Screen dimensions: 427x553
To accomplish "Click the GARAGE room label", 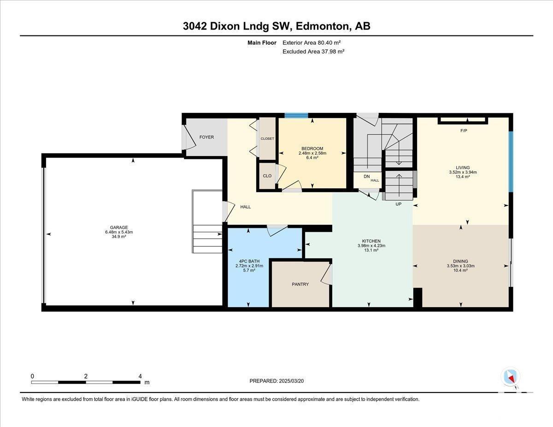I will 118,227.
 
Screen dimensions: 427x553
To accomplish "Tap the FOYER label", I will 206,137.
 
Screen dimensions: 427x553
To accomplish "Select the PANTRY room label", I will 300,284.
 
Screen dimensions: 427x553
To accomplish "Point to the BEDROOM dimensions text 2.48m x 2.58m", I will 312,153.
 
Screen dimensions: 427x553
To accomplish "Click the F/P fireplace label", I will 464,131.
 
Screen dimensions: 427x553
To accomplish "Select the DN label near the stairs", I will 366,176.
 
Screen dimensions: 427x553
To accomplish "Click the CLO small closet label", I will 267,175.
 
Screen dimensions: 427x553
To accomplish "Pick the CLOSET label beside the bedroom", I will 267,139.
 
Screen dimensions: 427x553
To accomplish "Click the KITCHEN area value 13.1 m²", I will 371,251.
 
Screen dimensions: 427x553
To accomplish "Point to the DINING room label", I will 460,261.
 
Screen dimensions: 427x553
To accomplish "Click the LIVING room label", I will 463,168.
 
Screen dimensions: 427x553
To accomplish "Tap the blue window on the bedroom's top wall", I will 296,115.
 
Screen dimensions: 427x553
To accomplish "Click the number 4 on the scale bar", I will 140,376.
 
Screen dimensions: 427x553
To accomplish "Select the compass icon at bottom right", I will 510,377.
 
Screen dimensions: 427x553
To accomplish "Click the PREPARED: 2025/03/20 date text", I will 276,381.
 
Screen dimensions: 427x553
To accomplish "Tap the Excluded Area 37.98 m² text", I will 313,52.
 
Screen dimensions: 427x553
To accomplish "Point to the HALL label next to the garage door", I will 246,207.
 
